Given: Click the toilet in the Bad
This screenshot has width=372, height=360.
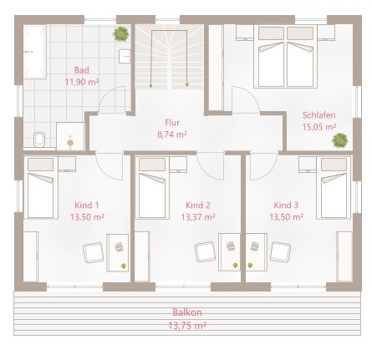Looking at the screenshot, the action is point(39,139).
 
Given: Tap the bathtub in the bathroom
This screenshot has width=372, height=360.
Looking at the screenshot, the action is point(35,52).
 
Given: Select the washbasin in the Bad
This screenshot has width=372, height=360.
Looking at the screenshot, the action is point(125,56).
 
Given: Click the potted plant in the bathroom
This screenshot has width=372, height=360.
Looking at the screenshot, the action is point(121,33).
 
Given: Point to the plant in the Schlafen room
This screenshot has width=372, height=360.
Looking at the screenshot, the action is point(340,140).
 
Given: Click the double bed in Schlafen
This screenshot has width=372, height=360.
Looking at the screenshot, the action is point(285,57).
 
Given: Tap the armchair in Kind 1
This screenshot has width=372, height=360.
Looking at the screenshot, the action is point(94,252).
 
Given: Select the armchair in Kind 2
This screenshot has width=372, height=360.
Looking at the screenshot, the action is point(205,251).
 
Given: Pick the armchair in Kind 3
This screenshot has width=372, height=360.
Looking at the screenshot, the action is point(281,251).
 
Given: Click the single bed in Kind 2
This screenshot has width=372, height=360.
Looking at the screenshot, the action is point(154,188).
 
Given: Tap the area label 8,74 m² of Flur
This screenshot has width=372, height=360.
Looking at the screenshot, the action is point(172,134).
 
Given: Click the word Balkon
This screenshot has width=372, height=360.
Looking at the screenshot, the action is point(187,312).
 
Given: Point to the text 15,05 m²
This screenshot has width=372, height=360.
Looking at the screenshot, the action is point(319,127).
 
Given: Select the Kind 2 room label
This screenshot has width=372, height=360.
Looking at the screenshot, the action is point(198,205).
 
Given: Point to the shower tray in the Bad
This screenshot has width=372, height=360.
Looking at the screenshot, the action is point(70,136).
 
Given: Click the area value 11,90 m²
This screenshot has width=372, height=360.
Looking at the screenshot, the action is point(82,82).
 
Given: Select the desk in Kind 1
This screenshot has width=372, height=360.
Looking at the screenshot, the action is point(117,253).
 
